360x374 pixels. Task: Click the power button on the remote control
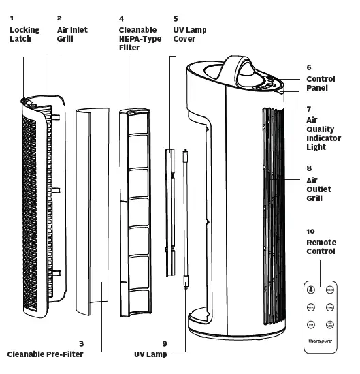[311, 289]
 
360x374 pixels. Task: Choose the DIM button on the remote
[311, 325]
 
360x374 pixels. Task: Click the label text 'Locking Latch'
[24, 35]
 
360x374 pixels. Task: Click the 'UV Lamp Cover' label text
[190, 35]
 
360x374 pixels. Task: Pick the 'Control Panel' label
[321, 84]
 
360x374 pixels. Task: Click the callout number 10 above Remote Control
[310, 232]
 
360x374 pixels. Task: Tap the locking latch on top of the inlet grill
[25, 101]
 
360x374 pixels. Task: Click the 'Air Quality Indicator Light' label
[321, 133]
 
